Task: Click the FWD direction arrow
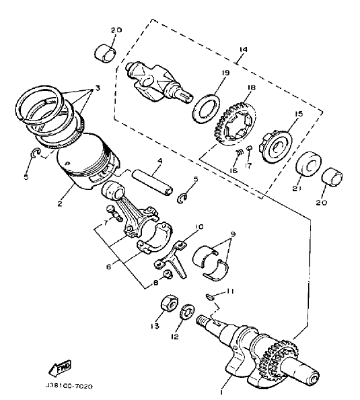(x=60, y=368)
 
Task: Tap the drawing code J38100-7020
(x=69, y=386)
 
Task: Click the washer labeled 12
(x=188, y=311)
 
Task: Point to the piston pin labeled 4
(x=152, y=181)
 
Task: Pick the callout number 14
(x=243, y=49)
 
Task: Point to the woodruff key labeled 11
(x=209, y=296)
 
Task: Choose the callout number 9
(x=233, y=234)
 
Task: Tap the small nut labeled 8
(x=168, y=275)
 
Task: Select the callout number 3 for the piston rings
(x=98, y=88)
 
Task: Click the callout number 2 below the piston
(x=60, y=203)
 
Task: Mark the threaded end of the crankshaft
(x=203, y=321)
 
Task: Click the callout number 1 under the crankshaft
(x=221, y=391)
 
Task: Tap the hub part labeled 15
(x=277, y=145)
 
